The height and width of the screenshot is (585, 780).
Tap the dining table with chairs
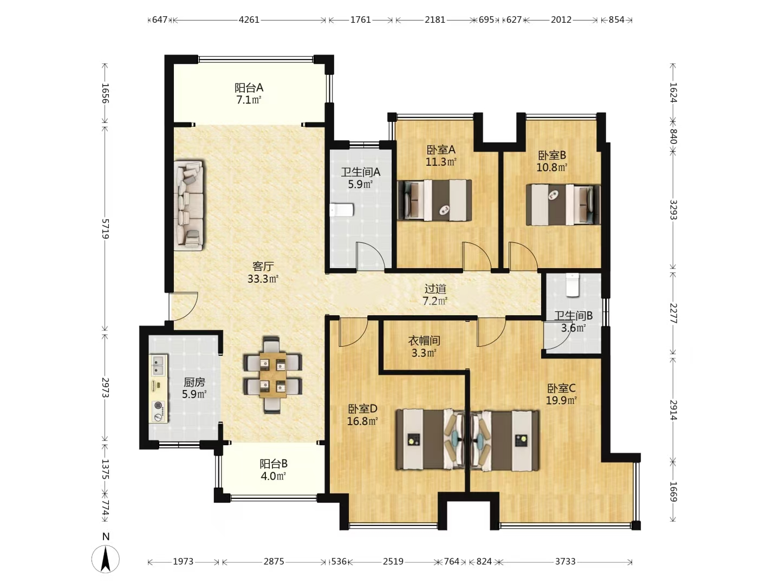pos(272,375)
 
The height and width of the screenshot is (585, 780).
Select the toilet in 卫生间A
pos(341,210)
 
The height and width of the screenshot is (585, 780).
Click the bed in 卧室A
pos(434,200)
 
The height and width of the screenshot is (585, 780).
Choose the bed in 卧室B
pos(563,205)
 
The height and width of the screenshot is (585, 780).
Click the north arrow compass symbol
pos(106,558)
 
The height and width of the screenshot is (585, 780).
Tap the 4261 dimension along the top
pos(249,20)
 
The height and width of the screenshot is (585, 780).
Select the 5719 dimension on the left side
pos(105,229)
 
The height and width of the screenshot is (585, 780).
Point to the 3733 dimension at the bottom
pos(565,562)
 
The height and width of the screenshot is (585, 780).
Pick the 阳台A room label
pos(249,87)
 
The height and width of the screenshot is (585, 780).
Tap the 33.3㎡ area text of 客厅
pos(263,279)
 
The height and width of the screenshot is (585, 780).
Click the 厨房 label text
pos(194,382)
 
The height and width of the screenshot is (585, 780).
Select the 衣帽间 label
pos(424,341)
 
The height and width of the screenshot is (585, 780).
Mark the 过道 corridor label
pos(435,289)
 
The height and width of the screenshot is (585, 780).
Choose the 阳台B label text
pos(273,464)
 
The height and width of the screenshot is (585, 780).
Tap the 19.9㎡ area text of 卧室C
pos(561,400)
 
